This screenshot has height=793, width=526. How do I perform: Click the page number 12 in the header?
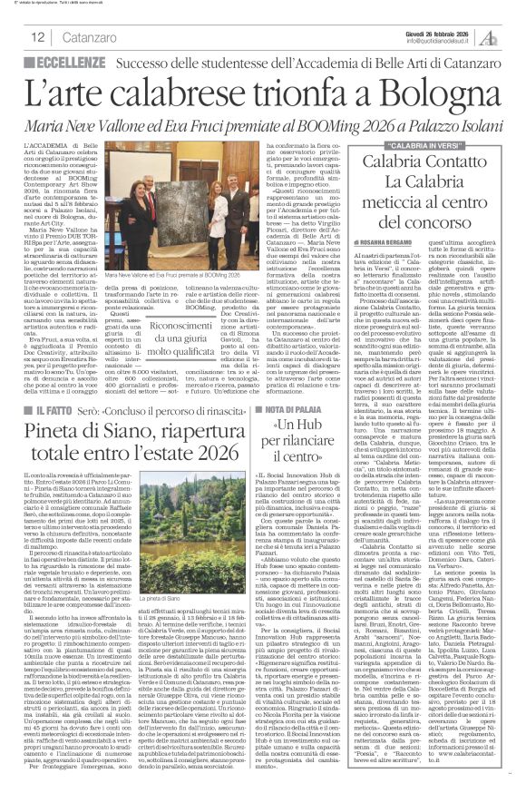click(x=38, y=37)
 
